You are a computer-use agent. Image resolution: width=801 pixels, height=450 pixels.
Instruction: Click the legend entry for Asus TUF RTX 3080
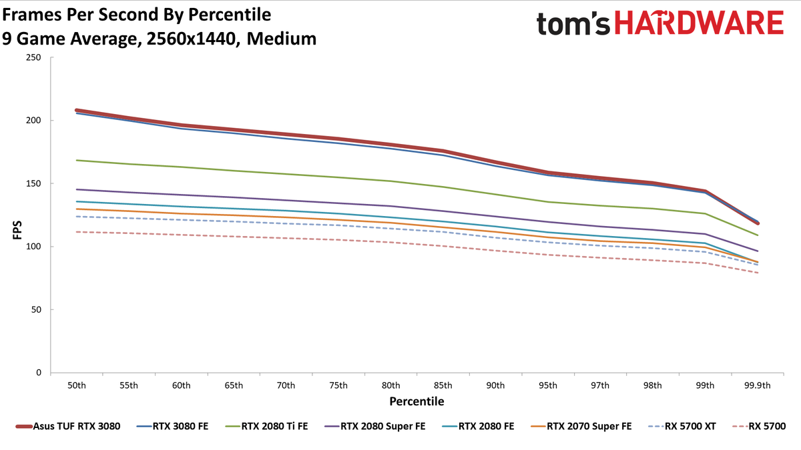(68, 427)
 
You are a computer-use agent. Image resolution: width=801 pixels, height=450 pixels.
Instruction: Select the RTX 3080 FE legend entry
(172, 427)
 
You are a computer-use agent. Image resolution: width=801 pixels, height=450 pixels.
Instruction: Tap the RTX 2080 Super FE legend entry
(374, 427)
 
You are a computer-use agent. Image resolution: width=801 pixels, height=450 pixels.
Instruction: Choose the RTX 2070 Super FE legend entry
(581, 427)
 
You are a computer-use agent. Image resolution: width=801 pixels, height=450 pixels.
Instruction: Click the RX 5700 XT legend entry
(682, 427)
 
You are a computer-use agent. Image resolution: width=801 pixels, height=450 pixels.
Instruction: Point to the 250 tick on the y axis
(33, 57)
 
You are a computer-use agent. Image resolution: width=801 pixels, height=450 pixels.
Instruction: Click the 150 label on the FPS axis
(33, 183)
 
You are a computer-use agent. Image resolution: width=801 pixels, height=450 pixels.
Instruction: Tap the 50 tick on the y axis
(36, 309)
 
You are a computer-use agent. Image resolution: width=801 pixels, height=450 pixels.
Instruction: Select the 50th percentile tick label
(77, 386)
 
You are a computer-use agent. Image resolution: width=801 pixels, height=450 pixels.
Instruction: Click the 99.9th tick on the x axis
(758, 386)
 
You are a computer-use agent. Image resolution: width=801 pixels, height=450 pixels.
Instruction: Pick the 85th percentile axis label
(443, 386)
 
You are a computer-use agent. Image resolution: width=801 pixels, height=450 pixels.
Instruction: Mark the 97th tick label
(600, 386)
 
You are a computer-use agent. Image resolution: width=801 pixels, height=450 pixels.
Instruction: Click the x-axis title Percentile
(417, 401)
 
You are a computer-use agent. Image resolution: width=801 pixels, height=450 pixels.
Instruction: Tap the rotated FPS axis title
(17, 231)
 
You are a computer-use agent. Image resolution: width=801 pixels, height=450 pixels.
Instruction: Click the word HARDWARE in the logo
(699, 23)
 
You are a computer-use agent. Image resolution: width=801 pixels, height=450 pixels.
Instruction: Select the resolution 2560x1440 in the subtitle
(192, 39)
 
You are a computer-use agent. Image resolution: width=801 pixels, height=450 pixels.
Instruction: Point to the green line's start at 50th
(77, 161)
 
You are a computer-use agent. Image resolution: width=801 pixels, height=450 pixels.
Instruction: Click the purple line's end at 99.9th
(758, 251)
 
